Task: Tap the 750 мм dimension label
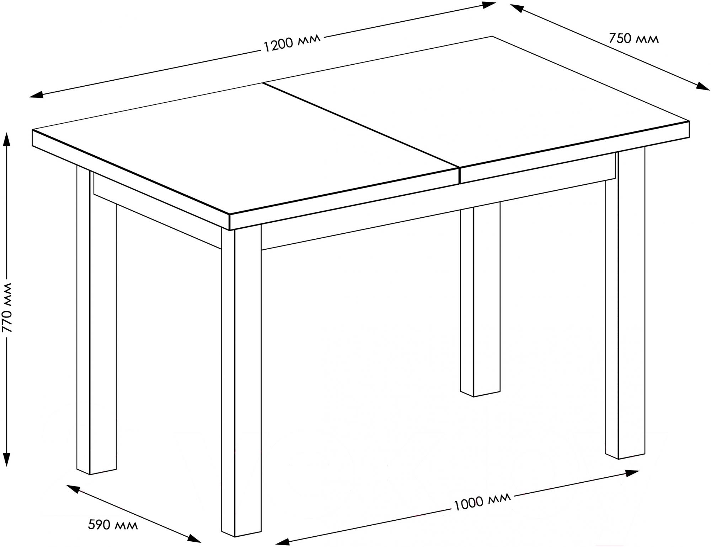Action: coord(634,38)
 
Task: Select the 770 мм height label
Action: coord(7,307)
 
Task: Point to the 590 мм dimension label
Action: coord(113,524)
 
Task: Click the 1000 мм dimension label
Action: coord(482,501)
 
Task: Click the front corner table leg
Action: coord(241,380)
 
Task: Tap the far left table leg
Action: coord(96,320)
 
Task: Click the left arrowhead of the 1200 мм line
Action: coord(36,94)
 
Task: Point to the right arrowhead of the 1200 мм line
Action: coord(489,4)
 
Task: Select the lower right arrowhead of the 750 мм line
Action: coord(703,87)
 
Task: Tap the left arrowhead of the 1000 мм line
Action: coord(282,542)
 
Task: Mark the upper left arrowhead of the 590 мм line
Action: coord(73,489)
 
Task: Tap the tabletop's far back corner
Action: coord(492,36)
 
